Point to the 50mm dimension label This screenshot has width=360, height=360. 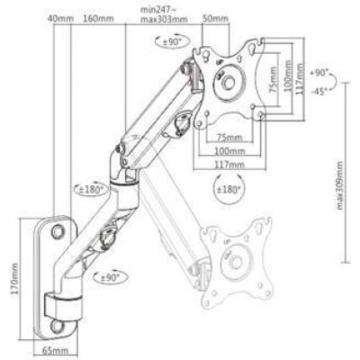(x=214, y=18)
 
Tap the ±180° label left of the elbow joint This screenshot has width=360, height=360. (x=93, y=189)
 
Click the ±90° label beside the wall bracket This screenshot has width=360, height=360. (x=111, y=278)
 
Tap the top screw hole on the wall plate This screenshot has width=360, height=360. (x=58, y=231)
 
